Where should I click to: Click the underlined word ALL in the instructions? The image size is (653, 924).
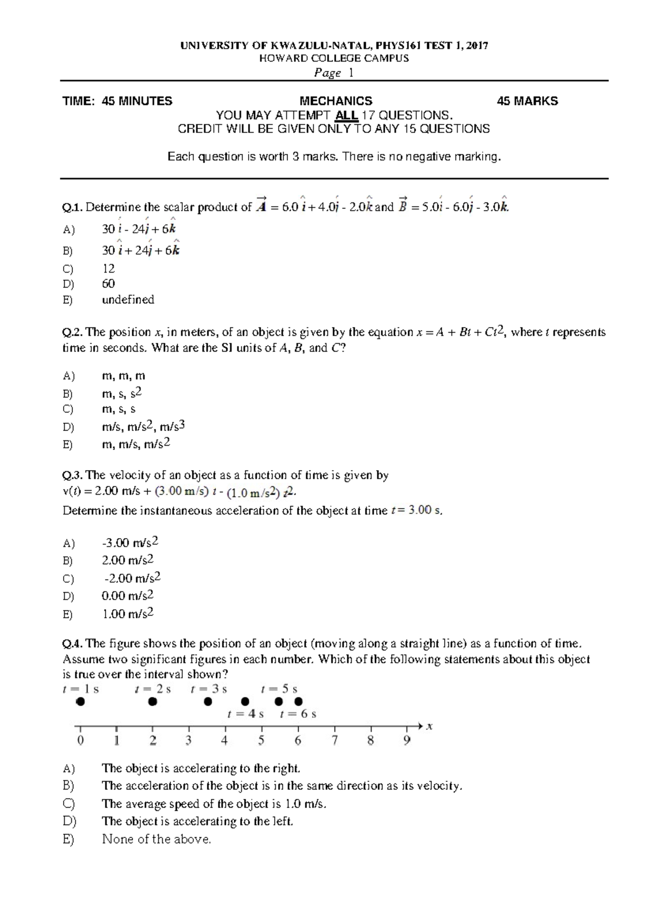[346, 115]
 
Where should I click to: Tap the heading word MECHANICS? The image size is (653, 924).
[336, 101]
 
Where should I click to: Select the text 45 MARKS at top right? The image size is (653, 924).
[527, 101]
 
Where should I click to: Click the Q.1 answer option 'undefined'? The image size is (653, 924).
[128, 300]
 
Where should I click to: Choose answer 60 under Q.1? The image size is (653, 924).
[108, 284]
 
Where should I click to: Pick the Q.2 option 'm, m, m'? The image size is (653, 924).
[124, 376]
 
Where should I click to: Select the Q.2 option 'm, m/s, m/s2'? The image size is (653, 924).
[136, 444]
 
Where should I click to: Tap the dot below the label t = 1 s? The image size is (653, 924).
[80, 702]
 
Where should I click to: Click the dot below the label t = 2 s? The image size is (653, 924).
[153, 702]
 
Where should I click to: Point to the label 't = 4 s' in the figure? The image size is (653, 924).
[245, 714]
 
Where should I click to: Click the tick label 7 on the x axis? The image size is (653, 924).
[335, 741]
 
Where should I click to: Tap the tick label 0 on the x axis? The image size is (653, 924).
[81, 741]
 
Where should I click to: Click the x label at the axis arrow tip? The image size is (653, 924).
[429, 726]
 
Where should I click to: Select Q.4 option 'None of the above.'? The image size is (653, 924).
[156, 839]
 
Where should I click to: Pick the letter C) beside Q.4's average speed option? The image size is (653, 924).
[69, 804]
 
